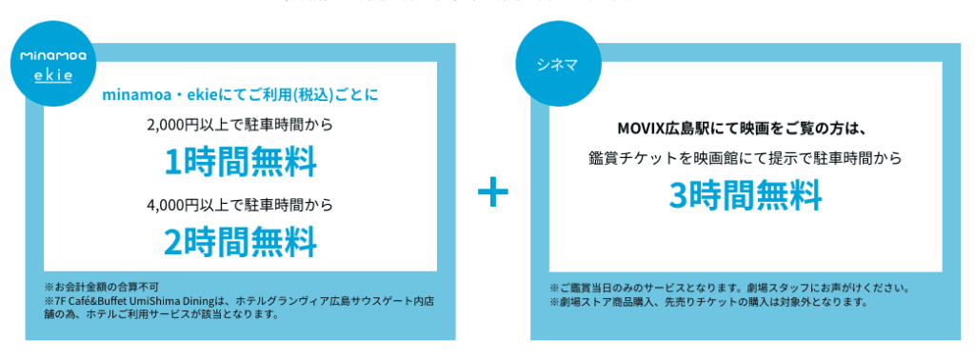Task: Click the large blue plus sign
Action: (x=492, y=193)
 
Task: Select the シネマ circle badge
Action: (x=560, y=67)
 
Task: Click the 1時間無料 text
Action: (x=240, y=163)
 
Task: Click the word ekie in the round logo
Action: (x=53, y=74)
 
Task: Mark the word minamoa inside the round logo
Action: (x=53, y=56)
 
